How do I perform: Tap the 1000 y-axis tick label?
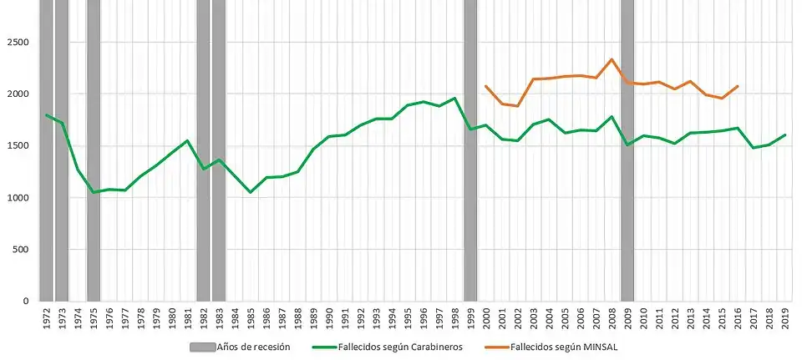[19, 197]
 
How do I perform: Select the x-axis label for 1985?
[250, 321]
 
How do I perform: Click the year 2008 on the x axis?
[612, 321]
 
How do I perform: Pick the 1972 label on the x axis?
[46, 321]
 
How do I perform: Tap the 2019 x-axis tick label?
[784, 321]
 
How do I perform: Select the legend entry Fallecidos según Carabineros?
[393, 347]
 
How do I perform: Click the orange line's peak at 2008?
[612, 59]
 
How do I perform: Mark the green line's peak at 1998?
[454, 99]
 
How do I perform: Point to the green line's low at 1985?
[250, 192]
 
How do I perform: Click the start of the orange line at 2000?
[485, 86]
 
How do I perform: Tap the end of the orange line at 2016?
[737, 86]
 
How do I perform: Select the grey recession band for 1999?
[470, 150]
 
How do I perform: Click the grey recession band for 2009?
[627, 150]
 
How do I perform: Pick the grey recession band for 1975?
[94, 150]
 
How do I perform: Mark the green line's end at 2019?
[784, 135]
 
